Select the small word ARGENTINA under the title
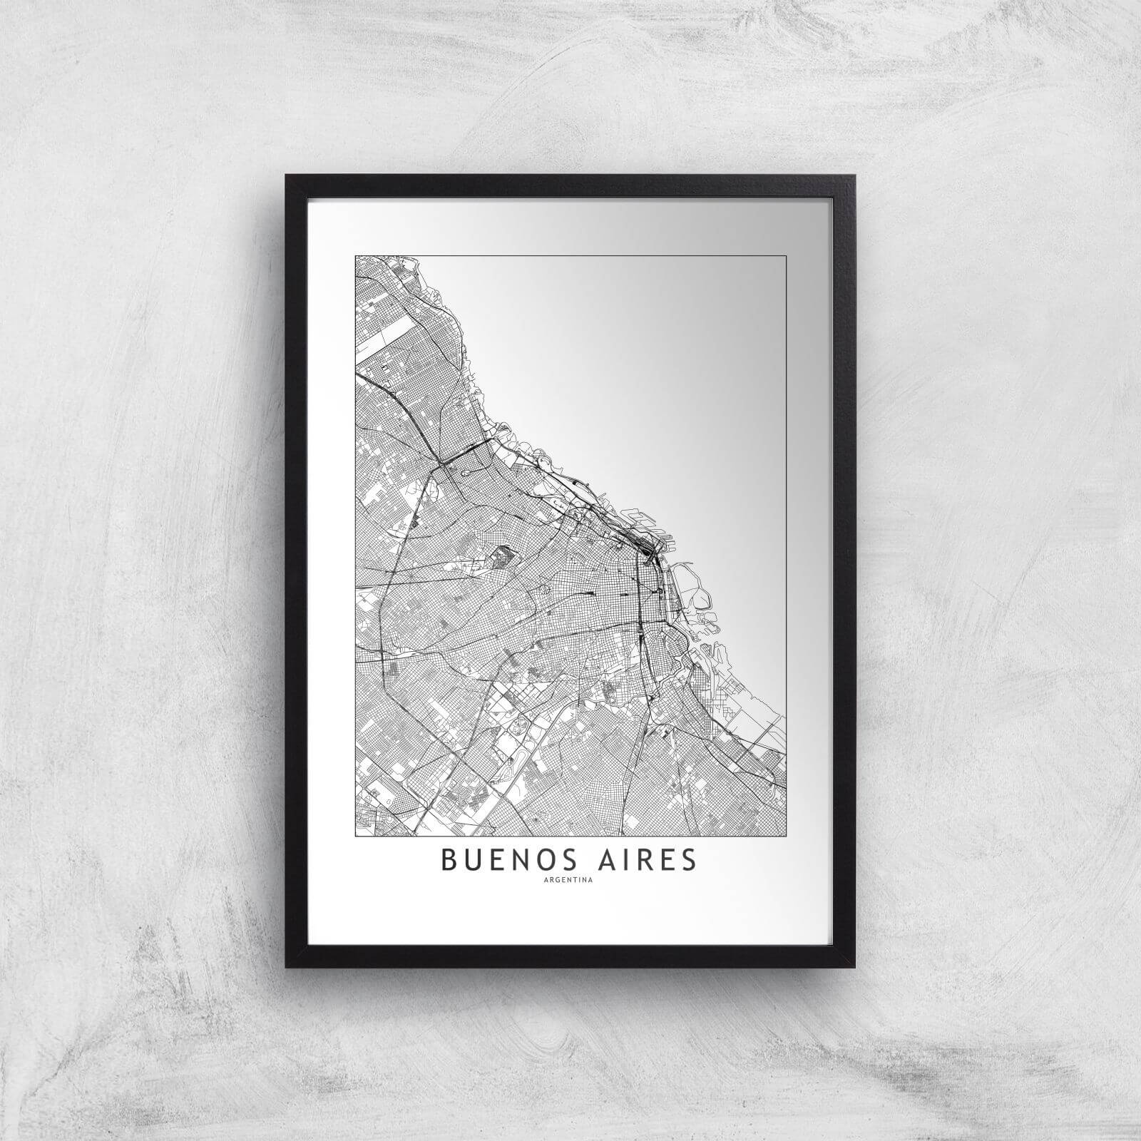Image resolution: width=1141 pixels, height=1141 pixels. [x=570, y=879]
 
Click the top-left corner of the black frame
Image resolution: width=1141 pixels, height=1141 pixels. [x=287, y=176]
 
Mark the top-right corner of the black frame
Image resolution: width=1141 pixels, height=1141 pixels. [x=854, y=176]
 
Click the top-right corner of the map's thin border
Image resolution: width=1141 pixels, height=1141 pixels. [x=786, y=255]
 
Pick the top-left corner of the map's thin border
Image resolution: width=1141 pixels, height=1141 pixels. [x=355, y=255]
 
